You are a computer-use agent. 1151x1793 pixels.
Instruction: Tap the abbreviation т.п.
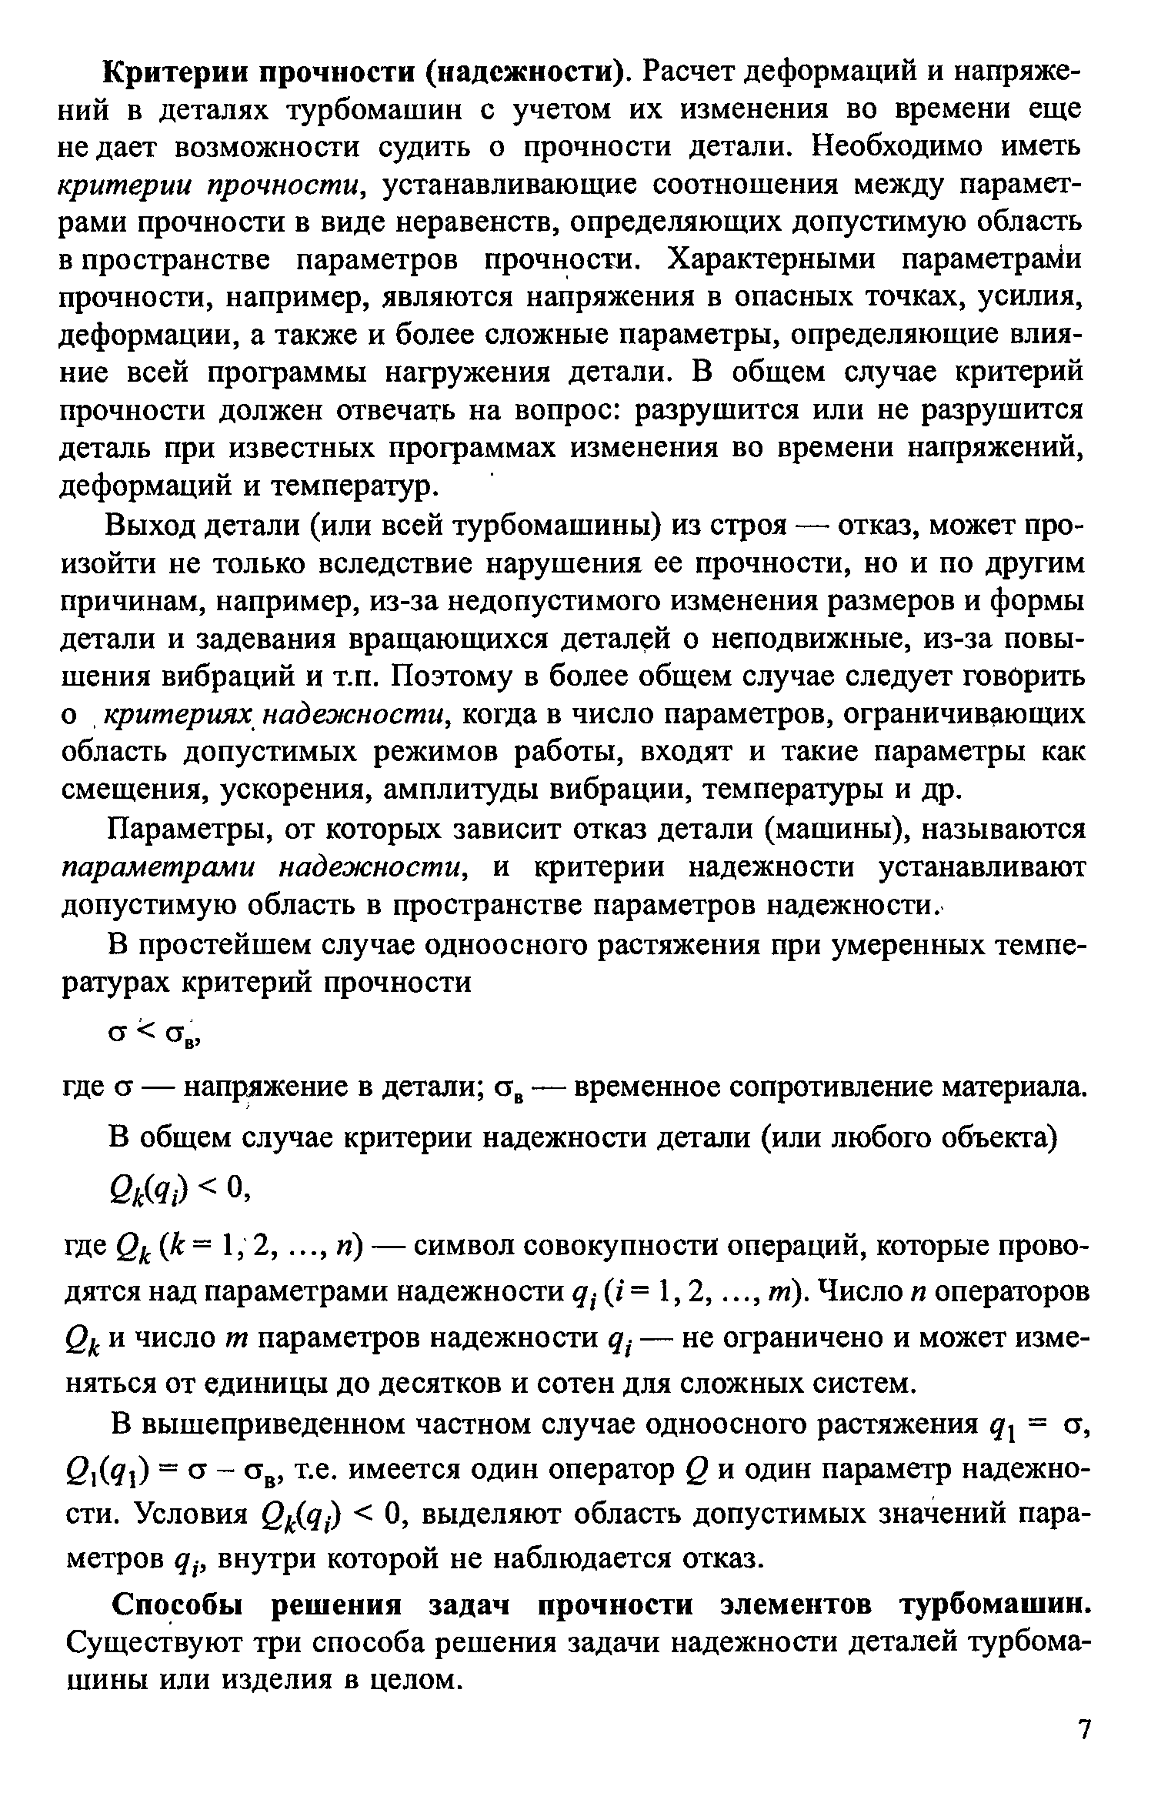[x=360, y=677]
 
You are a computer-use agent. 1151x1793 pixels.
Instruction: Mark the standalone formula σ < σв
[x=154, y=1036]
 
